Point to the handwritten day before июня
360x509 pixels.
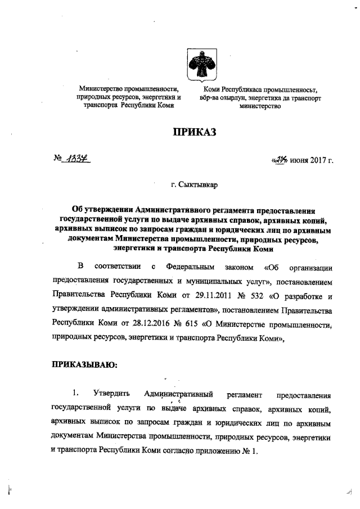pos(280,161)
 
